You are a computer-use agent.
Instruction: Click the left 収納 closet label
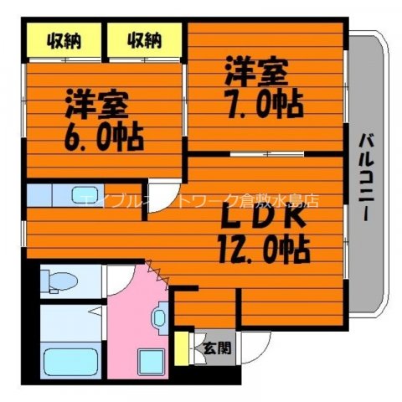(x=63, y=39)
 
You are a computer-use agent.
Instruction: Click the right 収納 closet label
(x=143, y=39)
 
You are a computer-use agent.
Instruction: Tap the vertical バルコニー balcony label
(x=366, y=176)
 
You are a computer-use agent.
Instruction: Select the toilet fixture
(x=59, y=281)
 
